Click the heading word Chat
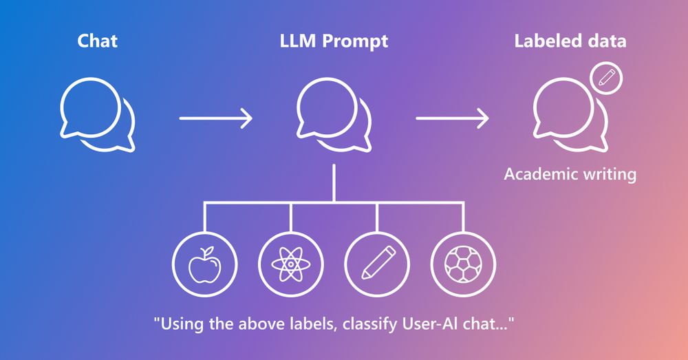(x=97, y=41)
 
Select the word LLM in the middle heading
(x=297, y=41)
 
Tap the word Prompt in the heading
(x=355, y=42)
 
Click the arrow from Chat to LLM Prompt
(x=216, y=118)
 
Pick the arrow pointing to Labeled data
(x=453, y=118)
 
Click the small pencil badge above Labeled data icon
(x=606, y=78)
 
